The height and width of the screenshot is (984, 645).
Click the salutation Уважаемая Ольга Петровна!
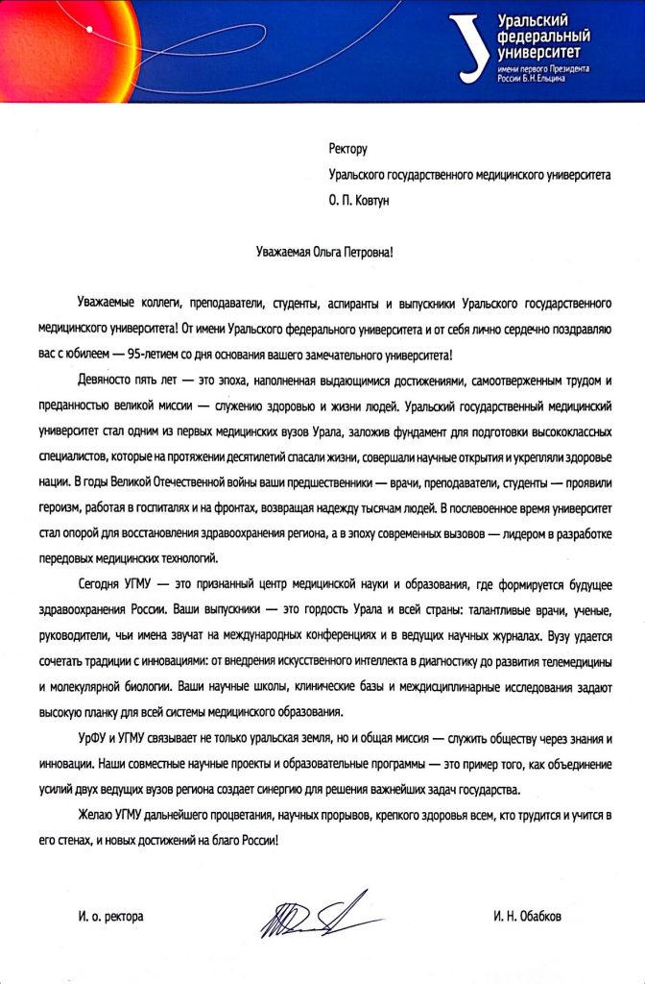[x=322, y=252]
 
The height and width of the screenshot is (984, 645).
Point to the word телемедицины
[x=561, y=662]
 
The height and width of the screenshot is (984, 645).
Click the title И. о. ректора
[x=106, y=917]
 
